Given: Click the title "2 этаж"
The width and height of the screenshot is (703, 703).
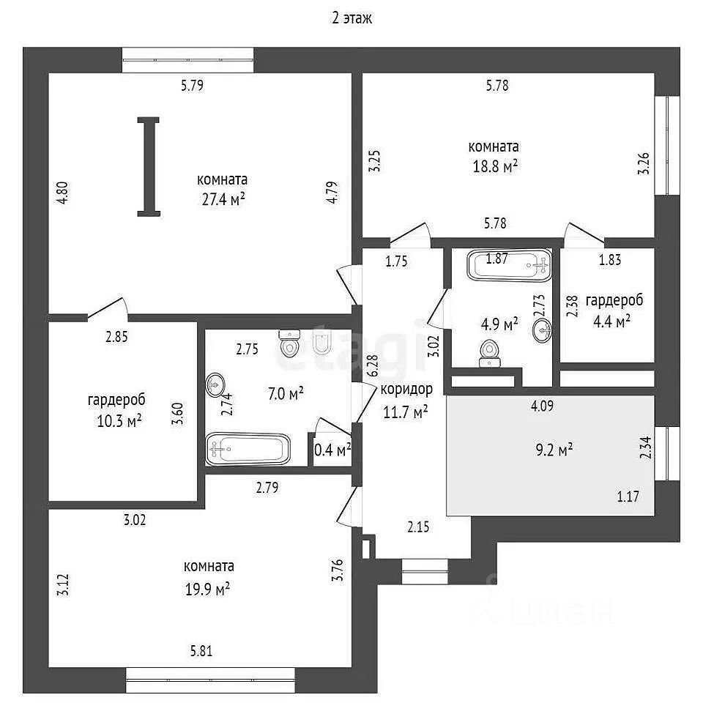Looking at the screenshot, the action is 351,18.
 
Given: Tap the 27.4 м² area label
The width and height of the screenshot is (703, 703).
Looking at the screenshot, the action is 221,198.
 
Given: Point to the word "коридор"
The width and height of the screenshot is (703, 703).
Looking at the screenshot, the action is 406,389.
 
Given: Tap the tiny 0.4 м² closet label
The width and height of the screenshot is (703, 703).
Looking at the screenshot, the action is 332,449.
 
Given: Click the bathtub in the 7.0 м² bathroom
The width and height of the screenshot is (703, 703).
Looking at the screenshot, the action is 248,448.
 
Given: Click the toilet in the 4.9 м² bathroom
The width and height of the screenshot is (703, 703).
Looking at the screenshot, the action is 488,353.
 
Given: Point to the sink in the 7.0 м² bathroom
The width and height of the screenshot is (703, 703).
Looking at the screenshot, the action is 216,384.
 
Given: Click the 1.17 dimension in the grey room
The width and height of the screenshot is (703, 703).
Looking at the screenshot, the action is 628,496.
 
